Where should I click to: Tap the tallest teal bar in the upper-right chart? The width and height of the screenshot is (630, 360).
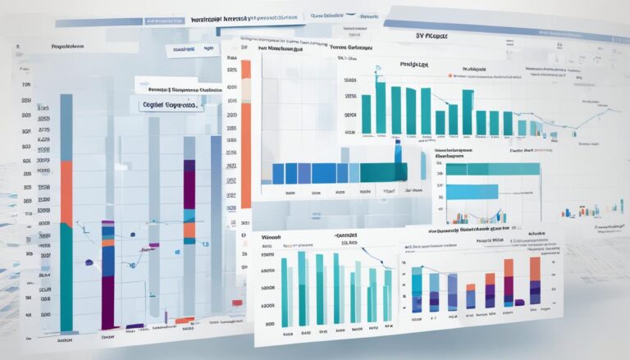click(380, 106)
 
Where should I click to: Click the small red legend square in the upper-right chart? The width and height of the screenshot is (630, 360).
click(451, 76)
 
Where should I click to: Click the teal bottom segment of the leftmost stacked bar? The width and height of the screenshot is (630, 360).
click(66, 279)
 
